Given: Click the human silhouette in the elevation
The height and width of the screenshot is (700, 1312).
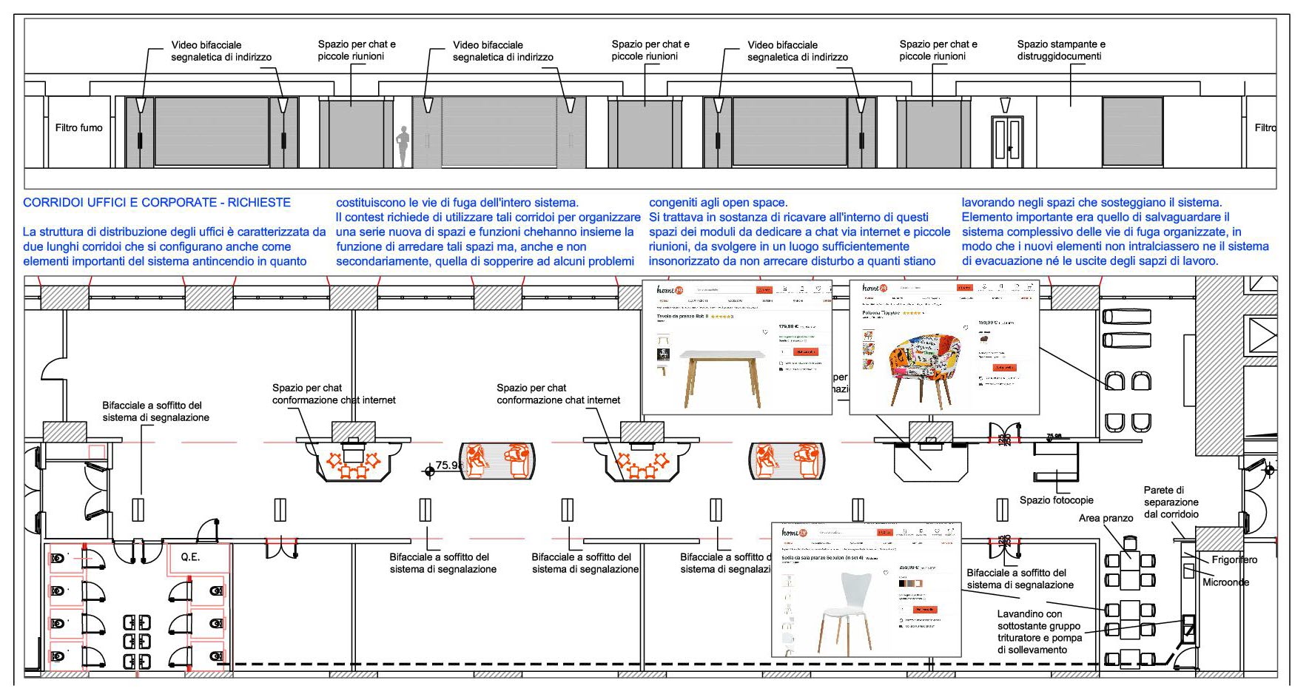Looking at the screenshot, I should click(403, 146).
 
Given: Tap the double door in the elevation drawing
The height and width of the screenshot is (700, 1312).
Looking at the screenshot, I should click(1007, 141).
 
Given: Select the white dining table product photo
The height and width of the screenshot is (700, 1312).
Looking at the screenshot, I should click(722, 377).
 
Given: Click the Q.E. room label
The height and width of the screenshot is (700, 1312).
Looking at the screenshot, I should click(190, 557).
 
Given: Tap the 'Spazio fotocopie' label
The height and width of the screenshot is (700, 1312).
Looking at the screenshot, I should click(1056, 500).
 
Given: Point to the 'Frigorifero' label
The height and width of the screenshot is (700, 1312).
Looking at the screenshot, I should click(1234, 559).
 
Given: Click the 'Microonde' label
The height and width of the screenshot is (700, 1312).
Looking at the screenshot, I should click(1225, 582).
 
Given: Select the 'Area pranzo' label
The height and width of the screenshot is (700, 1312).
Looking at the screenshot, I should click(1106, 518).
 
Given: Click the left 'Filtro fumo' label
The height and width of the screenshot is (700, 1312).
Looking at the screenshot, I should click(78, 128).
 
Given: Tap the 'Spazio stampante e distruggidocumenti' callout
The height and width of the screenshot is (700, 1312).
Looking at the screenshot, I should click(1060, 50).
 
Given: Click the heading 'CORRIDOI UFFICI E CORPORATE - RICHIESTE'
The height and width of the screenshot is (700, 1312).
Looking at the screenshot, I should click(157, 203).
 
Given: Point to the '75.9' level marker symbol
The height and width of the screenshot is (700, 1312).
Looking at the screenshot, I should click(430, 470).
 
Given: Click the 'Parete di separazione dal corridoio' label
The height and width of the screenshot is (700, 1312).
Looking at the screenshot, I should click(1171, 502).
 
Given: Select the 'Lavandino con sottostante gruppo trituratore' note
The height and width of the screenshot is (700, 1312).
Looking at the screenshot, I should click(1039, 631).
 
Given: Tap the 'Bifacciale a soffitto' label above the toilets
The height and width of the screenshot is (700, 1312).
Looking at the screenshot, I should click(155, 411).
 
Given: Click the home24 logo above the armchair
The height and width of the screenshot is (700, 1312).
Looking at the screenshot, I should click(872, 288).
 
